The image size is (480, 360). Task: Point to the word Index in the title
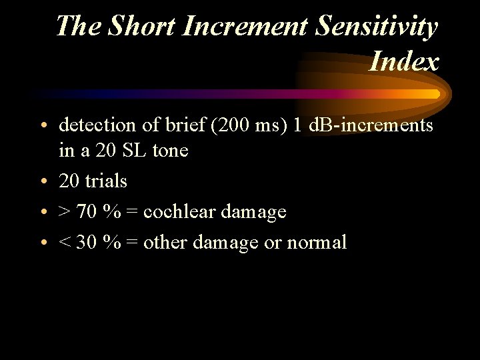(x=404, y=61)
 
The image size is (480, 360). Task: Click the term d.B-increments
(x=371, y=125)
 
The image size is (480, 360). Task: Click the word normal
(x=316, y=242)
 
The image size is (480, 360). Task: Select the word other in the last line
(x=166, y=242)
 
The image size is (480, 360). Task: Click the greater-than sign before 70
(x=65, y=212)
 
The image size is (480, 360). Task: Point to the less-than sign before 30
(x=65, y=243)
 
